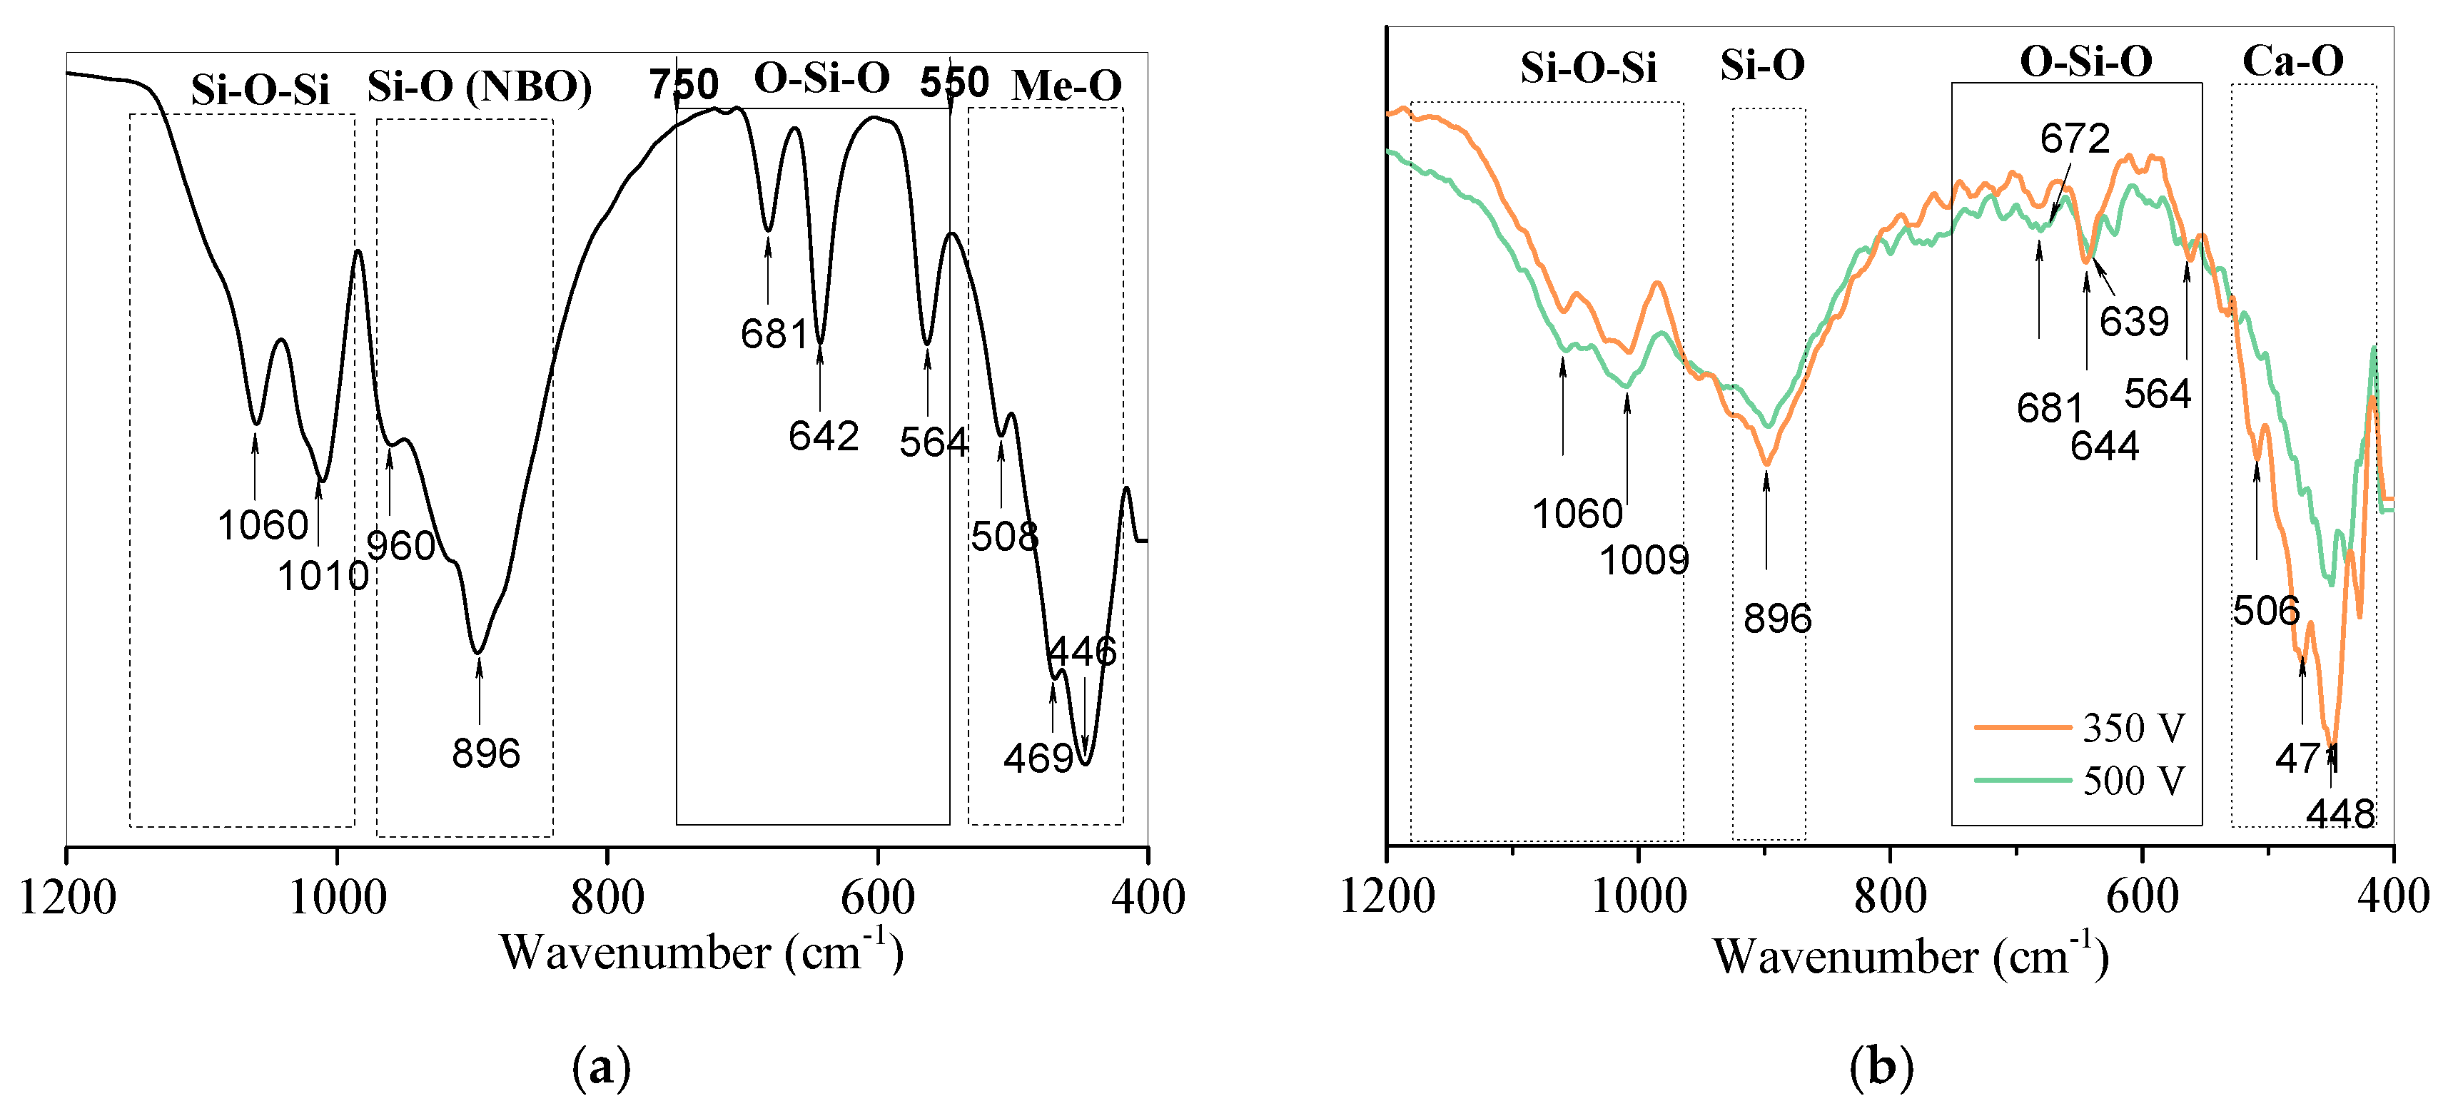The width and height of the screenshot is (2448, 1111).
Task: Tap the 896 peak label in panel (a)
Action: pyautogui.click(x=485, y=754)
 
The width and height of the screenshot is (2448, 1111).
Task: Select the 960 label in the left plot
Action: pyautogui.click(x=401, y=547)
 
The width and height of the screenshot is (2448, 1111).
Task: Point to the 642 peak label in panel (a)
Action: pyautogui.click(x=823, y=436)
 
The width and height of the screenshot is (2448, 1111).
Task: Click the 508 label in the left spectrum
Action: pyautogui.click(x=1003, y=537)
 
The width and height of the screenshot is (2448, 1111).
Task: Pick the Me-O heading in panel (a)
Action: pyautogui.click(x=1066, y=86)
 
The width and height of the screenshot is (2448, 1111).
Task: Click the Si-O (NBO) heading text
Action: pyautogui.click(x=480, y=86)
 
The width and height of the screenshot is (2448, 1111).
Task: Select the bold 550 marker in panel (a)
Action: pyautogui.click(x=954, y=83)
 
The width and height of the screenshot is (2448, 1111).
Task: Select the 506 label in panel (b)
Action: pyautogui.click(x=2265, y=611)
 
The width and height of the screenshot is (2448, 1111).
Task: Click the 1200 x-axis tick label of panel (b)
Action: pyautogui.click(x=1387, y=896)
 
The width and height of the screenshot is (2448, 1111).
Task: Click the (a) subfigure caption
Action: pyautogui.click(x=602, y=1067)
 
